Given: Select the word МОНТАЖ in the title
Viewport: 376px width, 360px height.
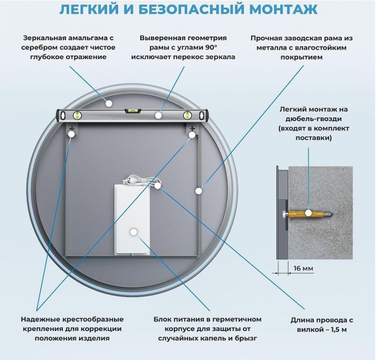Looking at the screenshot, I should [x=289, y=10].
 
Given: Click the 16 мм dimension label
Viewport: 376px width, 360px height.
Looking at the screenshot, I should [x=302, y=268].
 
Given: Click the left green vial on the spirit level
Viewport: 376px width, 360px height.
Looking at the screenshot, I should [x=77, y=115].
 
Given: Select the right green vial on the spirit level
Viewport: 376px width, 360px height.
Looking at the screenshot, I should [x=188, y=115].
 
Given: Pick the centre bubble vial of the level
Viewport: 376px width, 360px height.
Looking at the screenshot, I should [x=132, y=111].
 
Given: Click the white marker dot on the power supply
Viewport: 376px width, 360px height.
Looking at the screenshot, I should [x=133, y=232].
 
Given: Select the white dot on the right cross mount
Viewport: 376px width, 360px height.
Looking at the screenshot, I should [x=192, y=136].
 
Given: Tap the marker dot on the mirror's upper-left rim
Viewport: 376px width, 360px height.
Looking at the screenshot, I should [x=109, y=103].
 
